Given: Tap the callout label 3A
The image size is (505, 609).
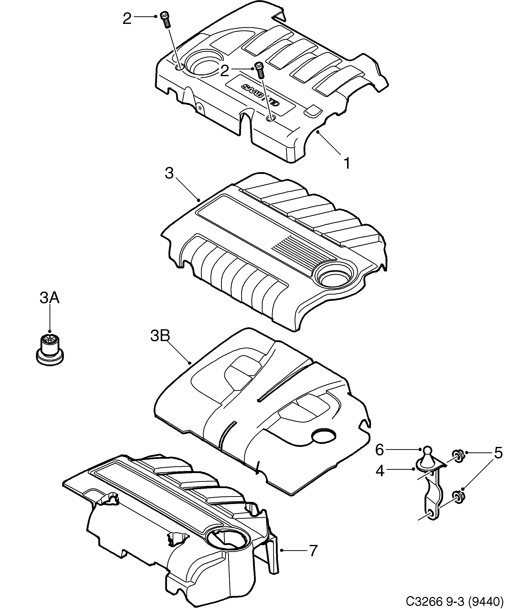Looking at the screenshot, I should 50,298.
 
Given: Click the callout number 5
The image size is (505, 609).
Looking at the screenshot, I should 498,453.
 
